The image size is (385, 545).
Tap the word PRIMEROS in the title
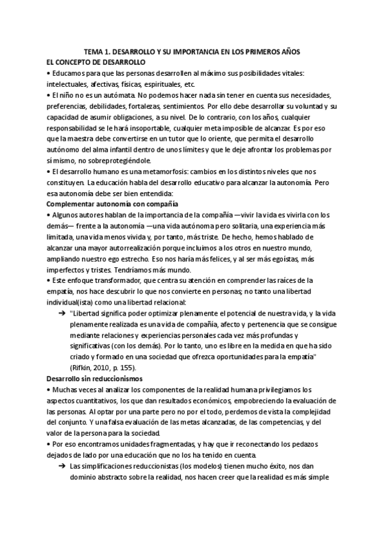point(266,51)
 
